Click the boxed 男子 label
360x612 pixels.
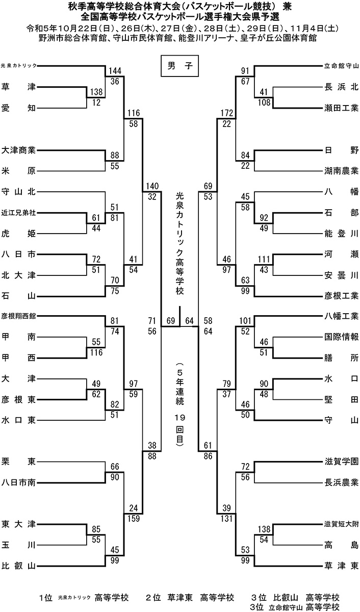point(179,66)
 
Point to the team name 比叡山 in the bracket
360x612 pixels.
point(18,565)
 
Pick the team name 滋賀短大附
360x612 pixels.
point(342,523)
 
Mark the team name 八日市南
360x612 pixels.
point(18,481)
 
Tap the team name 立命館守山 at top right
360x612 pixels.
point(342,66)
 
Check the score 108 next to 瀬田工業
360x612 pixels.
point(264,101)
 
